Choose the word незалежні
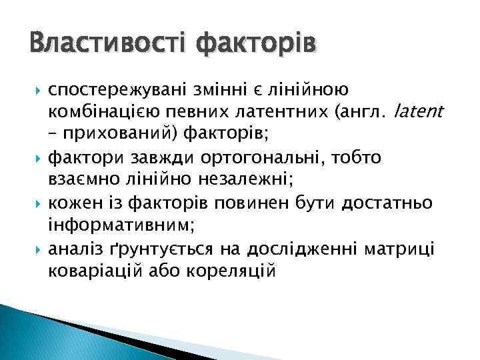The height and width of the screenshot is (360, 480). pyautogui.click(x=233, y=180)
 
